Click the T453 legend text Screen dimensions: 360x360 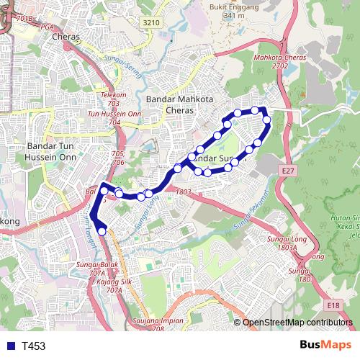tap(33, 346)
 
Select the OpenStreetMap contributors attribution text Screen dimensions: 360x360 tap(297, 322)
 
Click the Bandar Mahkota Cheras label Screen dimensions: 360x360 tap(176, 105)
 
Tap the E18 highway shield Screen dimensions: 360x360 tap(332, 306)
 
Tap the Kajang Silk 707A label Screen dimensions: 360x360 tap(114, 286)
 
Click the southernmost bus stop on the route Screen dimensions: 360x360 tap(102, 230)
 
